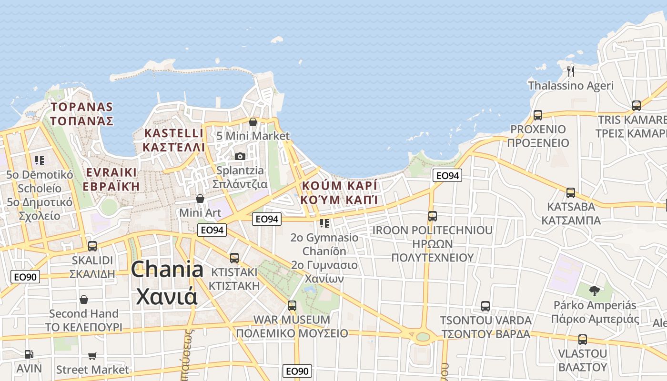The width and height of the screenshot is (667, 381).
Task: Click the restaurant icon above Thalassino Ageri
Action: coord(571,71)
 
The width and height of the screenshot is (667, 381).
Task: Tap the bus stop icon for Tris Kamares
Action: coord(637,106)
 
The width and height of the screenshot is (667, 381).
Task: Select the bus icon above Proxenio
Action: coord(538,115)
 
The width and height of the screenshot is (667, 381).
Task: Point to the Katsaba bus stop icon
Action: coord(571,193)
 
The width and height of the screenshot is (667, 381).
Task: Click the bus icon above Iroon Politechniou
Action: coord(433,216)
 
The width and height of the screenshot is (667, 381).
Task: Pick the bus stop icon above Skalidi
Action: coord(92,246)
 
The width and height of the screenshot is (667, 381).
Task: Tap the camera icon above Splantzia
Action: coord(240,156)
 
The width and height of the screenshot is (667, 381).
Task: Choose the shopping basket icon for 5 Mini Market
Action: coord(253,122)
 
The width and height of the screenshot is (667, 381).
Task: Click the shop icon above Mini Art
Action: coord(200,198)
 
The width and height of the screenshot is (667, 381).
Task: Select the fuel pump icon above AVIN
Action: coord(29,354)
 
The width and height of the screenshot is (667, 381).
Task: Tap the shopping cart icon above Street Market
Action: coord(92,356)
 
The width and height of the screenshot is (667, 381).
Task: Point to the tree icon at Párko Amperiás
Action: coord(594,291)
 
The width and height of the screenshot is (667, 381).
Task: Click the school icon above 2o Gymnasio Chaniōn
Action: coord(324,223)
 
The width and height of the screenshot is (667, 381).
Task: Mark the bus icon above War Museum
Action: coord(292,305)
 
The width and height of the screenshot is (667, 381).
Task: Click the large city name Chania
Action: coord(167,270)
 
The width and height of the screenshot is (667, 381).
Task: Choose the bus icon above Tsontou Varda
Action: coord(485,306)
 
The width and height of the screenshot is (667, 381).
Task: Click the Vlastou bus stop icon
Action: coord(583,340)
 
